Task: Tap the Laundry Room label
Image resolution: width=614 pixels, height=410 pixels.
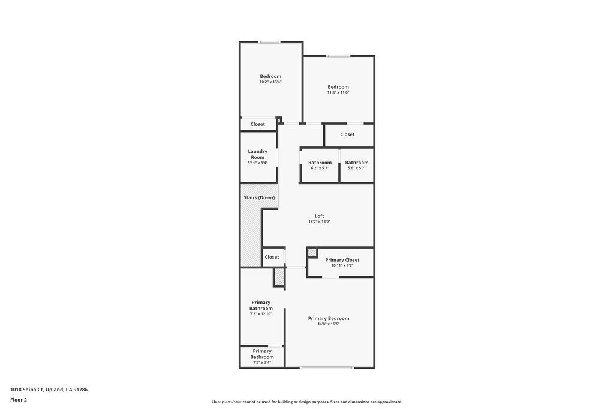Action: click(257, 154)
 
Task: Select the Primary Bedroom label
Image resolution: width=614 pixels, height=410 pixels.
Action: click(328, 318)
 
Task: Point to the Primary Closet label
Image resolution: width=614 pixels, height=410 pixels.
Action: click(342, 260)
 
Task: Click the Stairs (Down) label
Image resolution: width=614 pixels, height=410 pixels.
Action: click(259, 198)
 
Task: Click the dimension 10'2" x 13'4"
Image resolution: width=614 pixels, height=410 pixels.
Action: click(270, 82)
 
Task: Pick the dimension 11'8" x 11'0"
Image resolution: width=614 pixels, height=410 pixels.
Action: click(338, 92)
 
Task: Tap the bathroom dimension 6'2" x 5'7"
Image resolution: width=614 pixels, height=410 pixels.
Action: click(320, 168)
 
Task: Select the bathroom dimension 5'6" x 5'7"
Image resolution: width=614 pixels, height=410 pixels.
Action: click(357, 168)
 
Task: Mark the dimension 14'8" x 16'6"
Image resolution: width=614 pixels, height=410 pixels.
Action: click(328, 324)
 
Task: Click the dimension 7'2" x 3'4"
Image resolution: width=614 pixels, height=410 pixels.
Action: click(262, 363)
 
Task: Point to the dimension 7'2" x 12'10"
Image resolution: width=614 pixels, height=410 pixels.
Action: click(261, 314)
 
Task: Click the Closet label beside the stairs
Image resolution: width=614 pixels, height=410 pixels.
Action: click(272, 257)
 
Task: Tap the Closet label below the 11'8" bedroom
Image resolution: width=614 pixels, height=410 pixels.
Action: click(347, 134)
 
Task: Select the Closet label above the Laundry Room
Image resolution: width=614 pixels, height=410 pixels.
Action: click(257, 124)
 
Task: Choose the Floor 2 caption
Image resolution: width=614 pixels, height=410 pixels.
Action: click(19, 399)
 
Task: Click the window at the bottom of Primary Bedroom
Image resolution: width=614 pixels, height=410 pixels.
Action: click(327, 367)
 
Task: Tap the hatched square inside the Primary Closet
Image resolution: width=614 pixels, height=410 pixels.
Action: click(312, 253)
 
